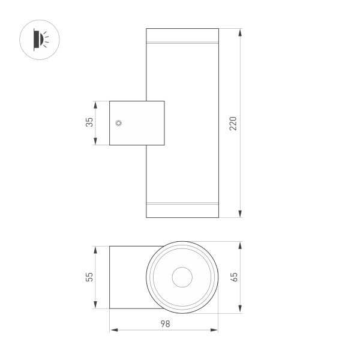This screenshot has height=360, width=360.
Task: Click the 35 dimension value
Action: click(89, 123)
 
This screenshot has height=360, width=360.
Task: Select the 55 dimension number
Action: click(89, 277)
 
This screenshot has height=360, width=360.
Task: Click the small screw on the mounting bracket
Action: click(119, 123)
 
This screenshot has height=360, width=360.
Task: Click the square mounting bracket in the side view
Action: click(136, 123)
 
